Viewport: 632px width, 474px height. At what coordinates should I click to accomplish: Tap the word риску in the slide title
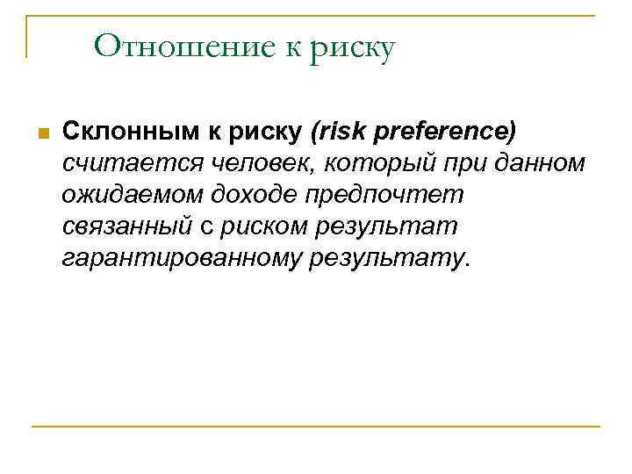pos(352,47)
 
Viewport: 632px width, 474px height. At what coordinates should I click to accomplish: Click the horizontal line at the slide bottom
pos(316,427)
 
